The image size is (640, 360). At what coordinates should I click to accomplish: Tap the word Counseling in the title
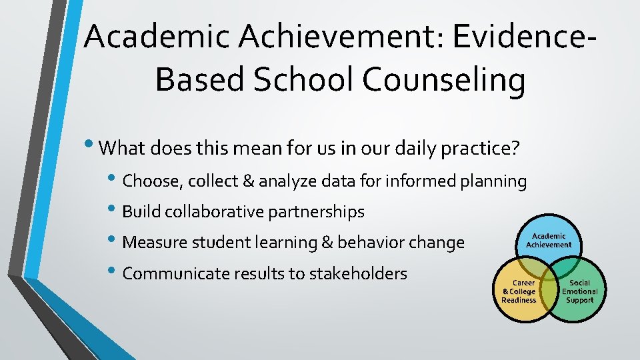click(x=443, y=80)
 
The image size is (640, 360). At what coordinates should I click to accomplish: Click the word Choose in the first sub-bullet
click(x=150, y=181)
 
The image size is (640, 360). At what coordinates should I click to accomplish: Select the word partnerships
click(x=316, y=212)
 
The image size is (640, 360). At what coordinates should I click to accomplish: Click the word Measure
click(x=153, y=243)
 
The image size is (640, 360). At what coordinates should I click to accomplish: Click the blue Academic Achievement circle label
click(x=548, y=240)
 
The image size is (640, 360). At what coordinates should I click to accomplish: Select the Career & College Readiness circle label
click(x=519, y=291)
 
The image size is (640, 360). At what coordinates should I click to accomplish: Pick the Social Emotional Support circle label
click(x=579, y=291)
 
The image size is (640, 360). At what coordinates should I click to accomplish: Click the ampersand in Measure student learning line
click(x=327, y=243)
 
